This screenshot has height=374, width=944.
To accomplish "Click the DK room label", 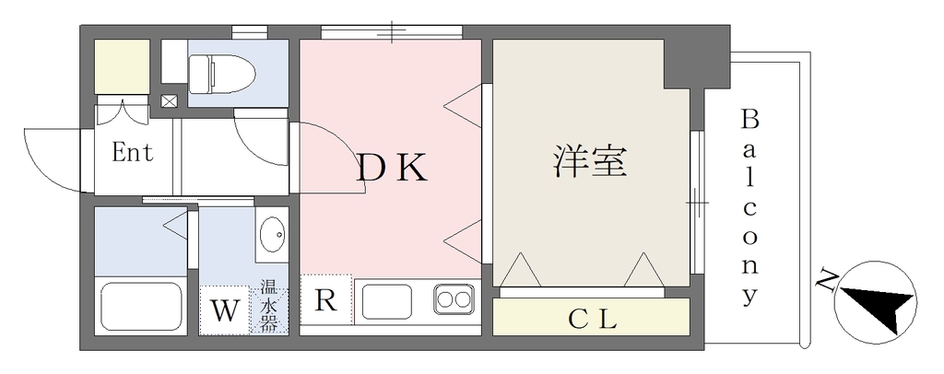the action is [x=392, y=168].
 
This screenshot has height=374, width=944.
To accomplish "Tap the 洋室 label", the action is [x=590, y=161].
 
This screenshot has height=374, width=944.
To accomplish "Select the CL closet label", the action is [x=593, y=319].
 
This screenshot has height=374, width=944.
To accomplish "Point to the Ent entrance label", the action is [x=133, y=152].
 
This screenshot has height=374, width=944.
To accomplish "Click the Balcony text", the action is [x=749, y=207].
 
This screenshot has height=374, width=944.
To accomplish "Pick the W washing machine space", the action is [x=224, y=310].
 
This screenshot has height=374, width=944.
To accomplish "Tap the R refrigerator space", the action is [x=325, y=299].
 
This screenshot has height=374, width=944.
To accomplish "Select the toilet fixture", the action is [x=221, y=74].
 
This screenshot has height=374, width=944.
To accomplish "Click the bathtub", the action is [x=141, y=307].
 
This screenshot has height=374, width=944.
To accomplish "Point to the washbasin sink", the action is [x=272, y=234].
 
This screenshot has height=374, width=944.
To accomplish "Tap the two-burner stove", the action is [x=454, y=298].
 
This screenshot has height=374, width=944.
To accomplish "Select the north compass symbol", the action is [x=876, y=303].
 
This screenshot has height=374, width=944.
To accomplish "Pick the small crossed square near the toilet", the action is [x=170, y=101].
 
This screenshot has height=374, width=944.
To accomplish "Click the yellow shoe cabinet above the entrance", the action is [x=123, y=66].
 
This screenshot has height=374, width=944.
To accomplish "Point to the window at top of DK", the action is [x=392, y=32].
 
